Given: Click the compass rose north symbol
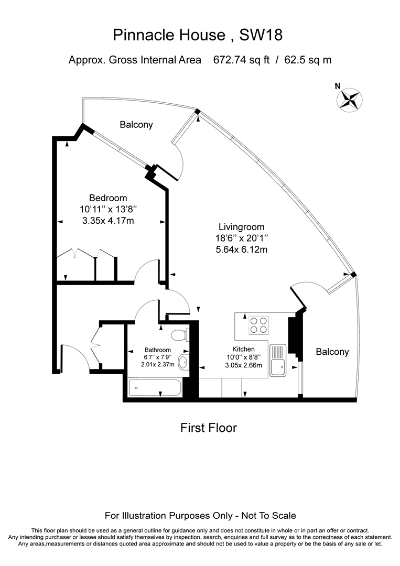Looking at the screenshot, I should pyautogui.click(x=348, y=99).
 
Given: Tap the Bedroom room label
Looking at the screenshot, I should pyautogui.click(x=108, y=198).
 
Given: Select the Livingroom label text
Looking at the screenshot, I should pyautogui.click(x=241, y=227).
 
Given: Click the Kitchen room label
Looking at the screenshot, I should pyautogui.click(x=243, y=349).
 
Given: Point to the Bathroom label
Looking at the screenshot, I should pyautogui.click(x=158, y=350).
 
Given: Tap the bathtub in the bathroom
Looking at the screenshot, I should pyautogui.click(x=155, y=388).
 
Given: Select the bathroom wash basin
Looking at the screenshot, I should pyautogui.click(x=183, y=362).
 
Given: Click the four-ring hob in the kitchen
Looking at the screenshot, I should pyautogui.click(x=258, y=325).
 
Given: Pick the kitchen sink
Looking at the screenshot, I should pyautogui.click(x=277, y=361).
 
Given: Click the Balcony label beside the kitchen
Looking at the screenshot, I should pyautogui.click(x=332, y=352).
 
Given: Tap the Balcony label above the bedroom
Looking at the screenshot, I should pyautogui.click(x=136, y=125).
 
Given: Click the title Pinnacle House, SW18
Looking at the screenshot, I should pyautogui.click(x=198, y=36).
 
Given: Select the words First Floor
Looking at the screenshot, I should pyautogui.click(x=209, y=428).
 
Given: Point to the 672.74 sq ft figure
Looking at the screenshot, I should pyautogui.click(x=241, y=60).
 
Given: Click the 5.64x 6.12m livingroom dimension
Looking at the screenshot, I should pyautogui.click(x=242, y=249).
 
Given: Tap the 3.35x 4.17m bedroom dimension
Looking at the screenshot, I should pyautogui.click(x=108, y=221).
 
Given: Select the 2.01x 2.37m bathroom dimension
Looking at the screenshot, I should pyautogui.click(x=158, y=365).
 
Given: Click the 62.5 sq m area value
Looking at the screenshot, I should pyautogui.click(x=308, y=60).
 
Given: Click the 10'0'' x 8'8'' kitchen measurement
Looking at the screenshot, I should pyautogui.click(x=243, y=357).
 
